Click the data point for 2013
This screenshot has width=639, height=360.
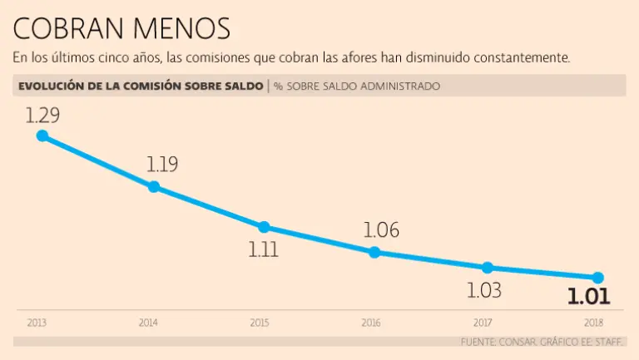42,136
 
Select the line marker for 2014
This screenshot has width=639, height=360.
154,187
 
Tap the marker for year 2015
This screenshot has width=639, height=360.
264,227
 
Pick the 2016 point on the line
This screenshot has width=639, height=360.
374,252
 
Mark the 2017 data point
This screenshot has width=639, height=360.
488,267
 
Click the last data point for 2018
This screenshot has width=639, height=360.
597,278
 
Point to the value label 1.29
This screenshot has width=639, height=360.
42,116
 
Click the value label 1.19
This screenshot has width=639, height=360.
162,164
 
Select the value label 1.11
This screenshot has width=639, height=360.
264,249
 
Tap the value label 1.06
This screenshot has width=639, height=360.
382,230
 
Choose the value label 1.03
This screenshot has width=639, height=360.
484,290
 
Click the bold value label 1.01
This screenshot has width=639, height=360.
589,297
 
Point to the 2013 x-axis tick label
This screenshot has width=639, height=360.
36,322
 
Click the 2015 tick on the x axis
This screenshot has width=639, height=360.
260,322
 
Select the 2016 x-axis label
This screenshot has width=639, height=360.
373,322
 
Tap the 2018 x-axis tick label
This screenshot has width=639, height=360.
594,322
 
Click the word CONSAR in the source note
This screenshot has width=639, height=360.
518,342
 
